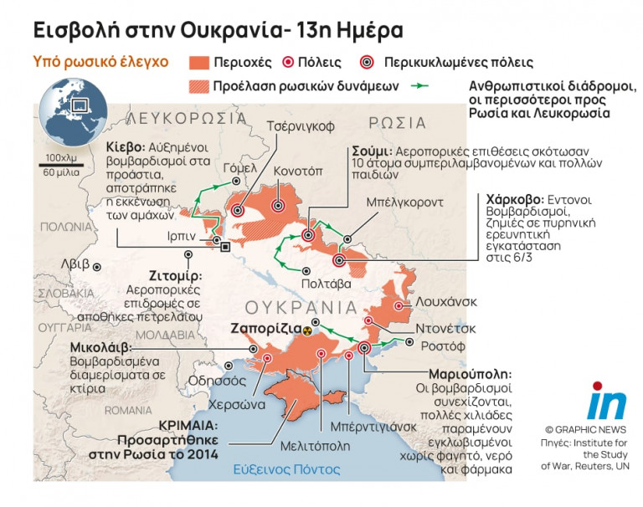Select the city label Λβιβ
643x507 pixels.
coord(75,264)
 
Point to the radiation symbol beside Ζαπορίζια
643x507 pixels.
coord(309,330)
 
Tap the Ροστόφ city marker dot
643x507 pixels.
coord(409,342)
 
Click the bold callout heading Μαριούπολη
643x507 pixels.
coord(469,374)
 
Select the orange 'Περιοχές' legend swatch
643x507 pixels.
coord(209,63)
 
